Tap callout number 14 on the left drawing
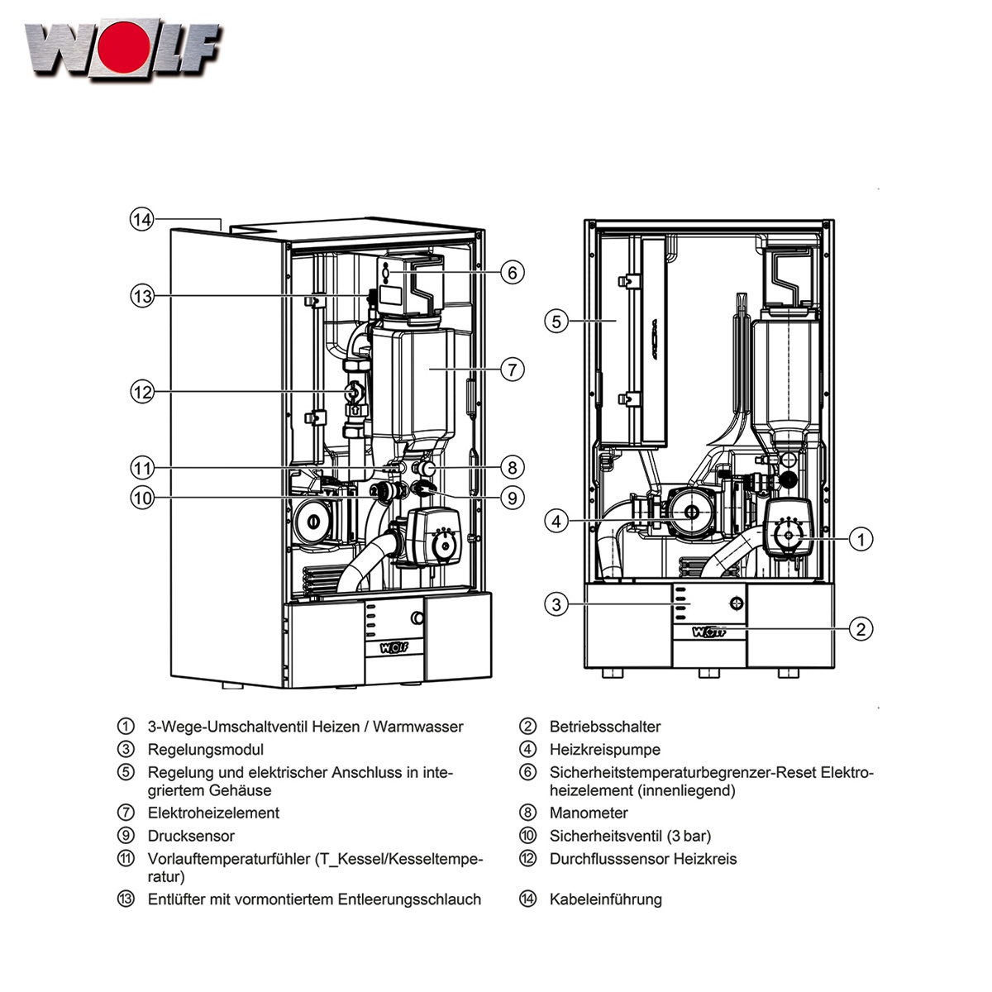(142, 220)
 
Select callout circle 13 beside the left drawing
(142, 295)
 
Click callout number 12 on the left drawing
(142, 391)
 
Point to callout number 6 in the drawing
(513, 272)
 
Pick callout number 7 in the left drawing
(513, 369)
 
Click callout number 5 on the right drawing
(556, 321)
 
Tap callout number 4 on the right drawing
(556, 521)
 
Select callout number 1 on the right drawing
(861, 540)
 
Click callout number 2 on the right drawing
(861, 629)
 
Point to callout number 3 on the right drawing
(556, 604)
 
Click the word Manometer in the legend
(589, 813)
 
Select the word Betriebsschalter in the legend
(605, 727)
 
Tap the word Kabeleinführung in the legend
(605, 899)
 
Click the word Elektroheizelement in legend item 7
(213, 813)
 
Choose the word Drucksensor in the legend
(191, 837)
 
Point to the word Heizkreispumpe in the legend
(605, 751)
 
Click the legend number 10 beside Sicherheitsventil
(528, 837)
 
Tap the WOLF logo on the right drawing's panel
(709, 632)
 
